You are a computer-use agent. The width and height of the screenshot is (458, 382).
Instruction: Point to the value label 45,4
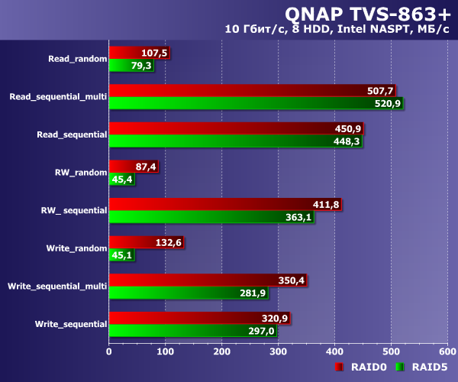tap(122, 180)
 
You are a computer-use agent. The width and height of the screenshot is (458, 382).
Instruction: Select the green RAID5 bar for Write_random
tap(121, 256)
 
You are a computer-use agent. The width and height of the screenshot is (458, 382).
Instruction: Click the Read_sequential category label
tap(72, 134)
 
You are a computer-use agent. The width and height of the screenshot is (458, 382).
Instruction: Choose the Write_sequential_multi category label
tap(56, 286)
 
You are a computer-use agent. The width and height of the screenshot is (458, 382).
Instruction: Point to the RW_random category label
tap(80, 172)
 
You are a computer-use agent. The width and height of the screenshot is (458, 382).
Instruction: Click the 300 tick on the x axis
tap(278, 351)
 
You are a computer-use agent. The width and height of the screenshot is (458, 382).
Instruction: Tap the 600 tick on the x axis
tap(447, 351)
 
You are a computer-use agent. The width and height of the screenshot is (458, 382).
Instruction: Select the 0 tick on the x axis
tap(109, 351)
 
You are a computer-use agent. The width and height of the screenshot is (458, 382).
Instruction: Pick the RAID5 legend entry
tap(428, 367)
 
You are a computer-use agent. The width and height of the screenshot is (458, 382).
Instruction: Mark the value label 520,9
tap(387, 103)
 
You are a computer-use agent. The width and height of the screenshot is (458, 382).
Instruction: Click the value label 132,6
tap(166, 243)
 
